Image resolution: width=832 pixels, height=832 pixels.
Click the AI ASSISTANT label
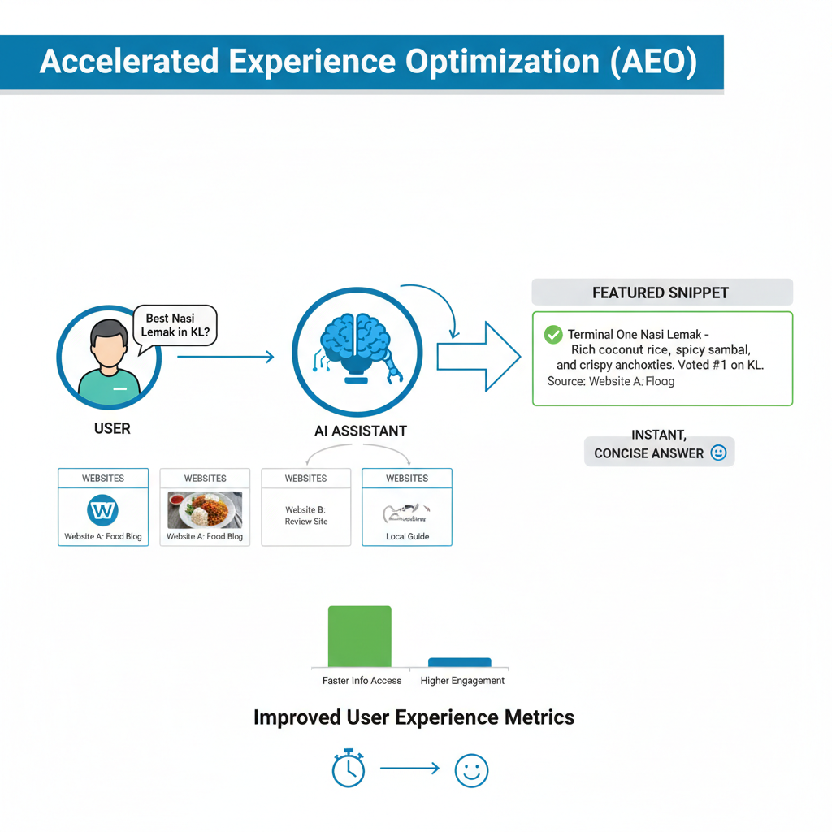pyautogui.click(x=360, y=431)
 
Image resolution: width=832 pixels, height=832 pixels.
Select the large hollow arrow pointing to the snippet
pyautogui.click(x=478, y=356)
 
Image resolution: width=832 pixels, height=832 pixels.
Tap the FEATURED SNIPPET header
pyautogui.click(x=661, y=292)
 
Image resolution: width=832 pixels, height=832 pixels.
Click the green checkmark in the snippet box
pyautogui.click(x=553, y=334)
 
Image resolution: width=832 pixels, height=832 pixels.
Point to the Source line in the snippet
pyautogui.click(x=610, y=381)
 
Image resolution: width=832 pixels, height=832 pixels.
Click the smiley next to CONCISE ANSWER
pyautogui.click(x=718, y=453)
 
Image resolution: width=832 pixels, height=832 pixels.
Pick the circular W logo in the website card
pyautogui.click(x=102, y=511)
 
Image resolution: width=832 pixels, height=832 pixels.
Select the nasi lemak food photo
pyautogui.click(x=205, y=510)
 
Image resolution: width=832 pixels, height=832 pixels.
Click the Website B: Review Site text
pyautogui.click(x=305, y=516)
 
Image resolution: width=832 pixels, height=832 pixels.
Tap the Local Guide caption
pyautogui.click(x=407, y=536)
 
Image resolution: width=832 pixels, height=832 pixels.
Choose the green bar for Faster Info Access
pyautogui.click(x=359, y=636)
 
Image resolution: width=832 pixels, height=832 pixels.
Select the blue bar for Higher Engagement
pyautogui.click(x=459, y=662)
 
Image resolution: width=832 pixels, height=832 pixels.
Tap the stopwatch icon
pyautogui.click(x=349, y=768)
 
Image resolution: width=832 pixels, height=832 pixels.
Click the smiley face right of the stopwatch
pyautogui.click(x=471, y=769)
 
